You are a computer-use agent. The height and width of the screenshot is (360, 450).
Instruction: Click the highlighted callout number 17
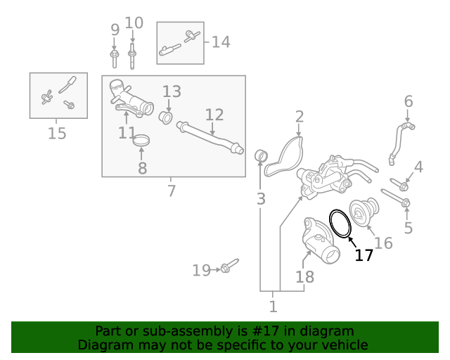[364, 255]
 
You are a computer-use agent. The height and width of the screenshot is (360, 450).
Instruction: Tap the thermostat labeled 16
[365, 211]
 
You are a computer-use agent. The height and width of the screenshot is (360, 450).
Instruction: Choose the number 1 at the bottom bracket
[273, 306]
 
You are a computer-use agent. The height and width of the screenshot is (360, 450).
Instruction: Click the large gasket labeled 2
[284, 158]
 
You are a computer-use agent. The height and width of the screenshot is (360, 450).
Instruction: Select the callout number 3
[261, 199]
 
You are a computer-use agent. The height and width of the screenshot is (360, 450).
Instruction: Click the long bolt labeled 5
[395, 198]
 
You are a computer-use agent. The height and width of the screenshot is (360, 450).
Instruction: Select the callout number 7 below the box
[172, 191]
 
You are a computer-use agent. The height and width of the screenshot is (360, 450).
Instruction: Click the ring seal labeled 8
[142, 141]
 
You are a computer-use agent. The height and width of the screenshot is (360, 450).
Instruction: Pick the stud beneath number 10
[132, 52]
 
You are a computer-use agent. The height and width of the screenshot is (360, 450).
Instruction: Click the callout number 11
[127, 132]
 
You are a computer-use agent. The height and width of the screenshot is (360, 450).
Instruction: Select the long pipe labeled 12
[210, 138]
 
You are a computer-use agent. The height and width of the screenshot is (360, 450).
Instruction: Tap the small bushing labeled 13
[167, 116]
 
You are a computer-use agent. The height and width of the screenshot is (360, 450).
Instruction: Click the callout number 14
[221, 42]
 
